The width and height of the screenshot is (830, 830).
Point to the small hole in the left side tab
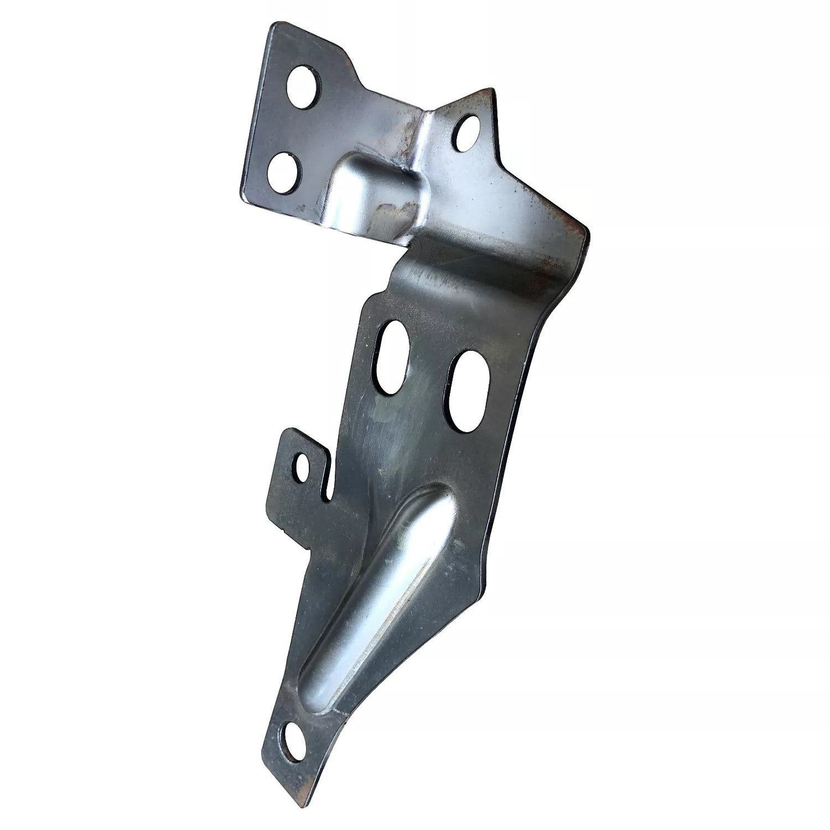click(303, 468)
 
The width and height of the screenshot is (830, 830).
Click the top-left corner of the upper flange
click(271, 25)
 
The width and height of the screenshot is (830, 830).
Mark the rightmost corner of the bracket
click(588, 232)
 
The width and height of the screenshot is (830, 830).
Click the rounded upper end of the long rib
click(437, 498)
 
